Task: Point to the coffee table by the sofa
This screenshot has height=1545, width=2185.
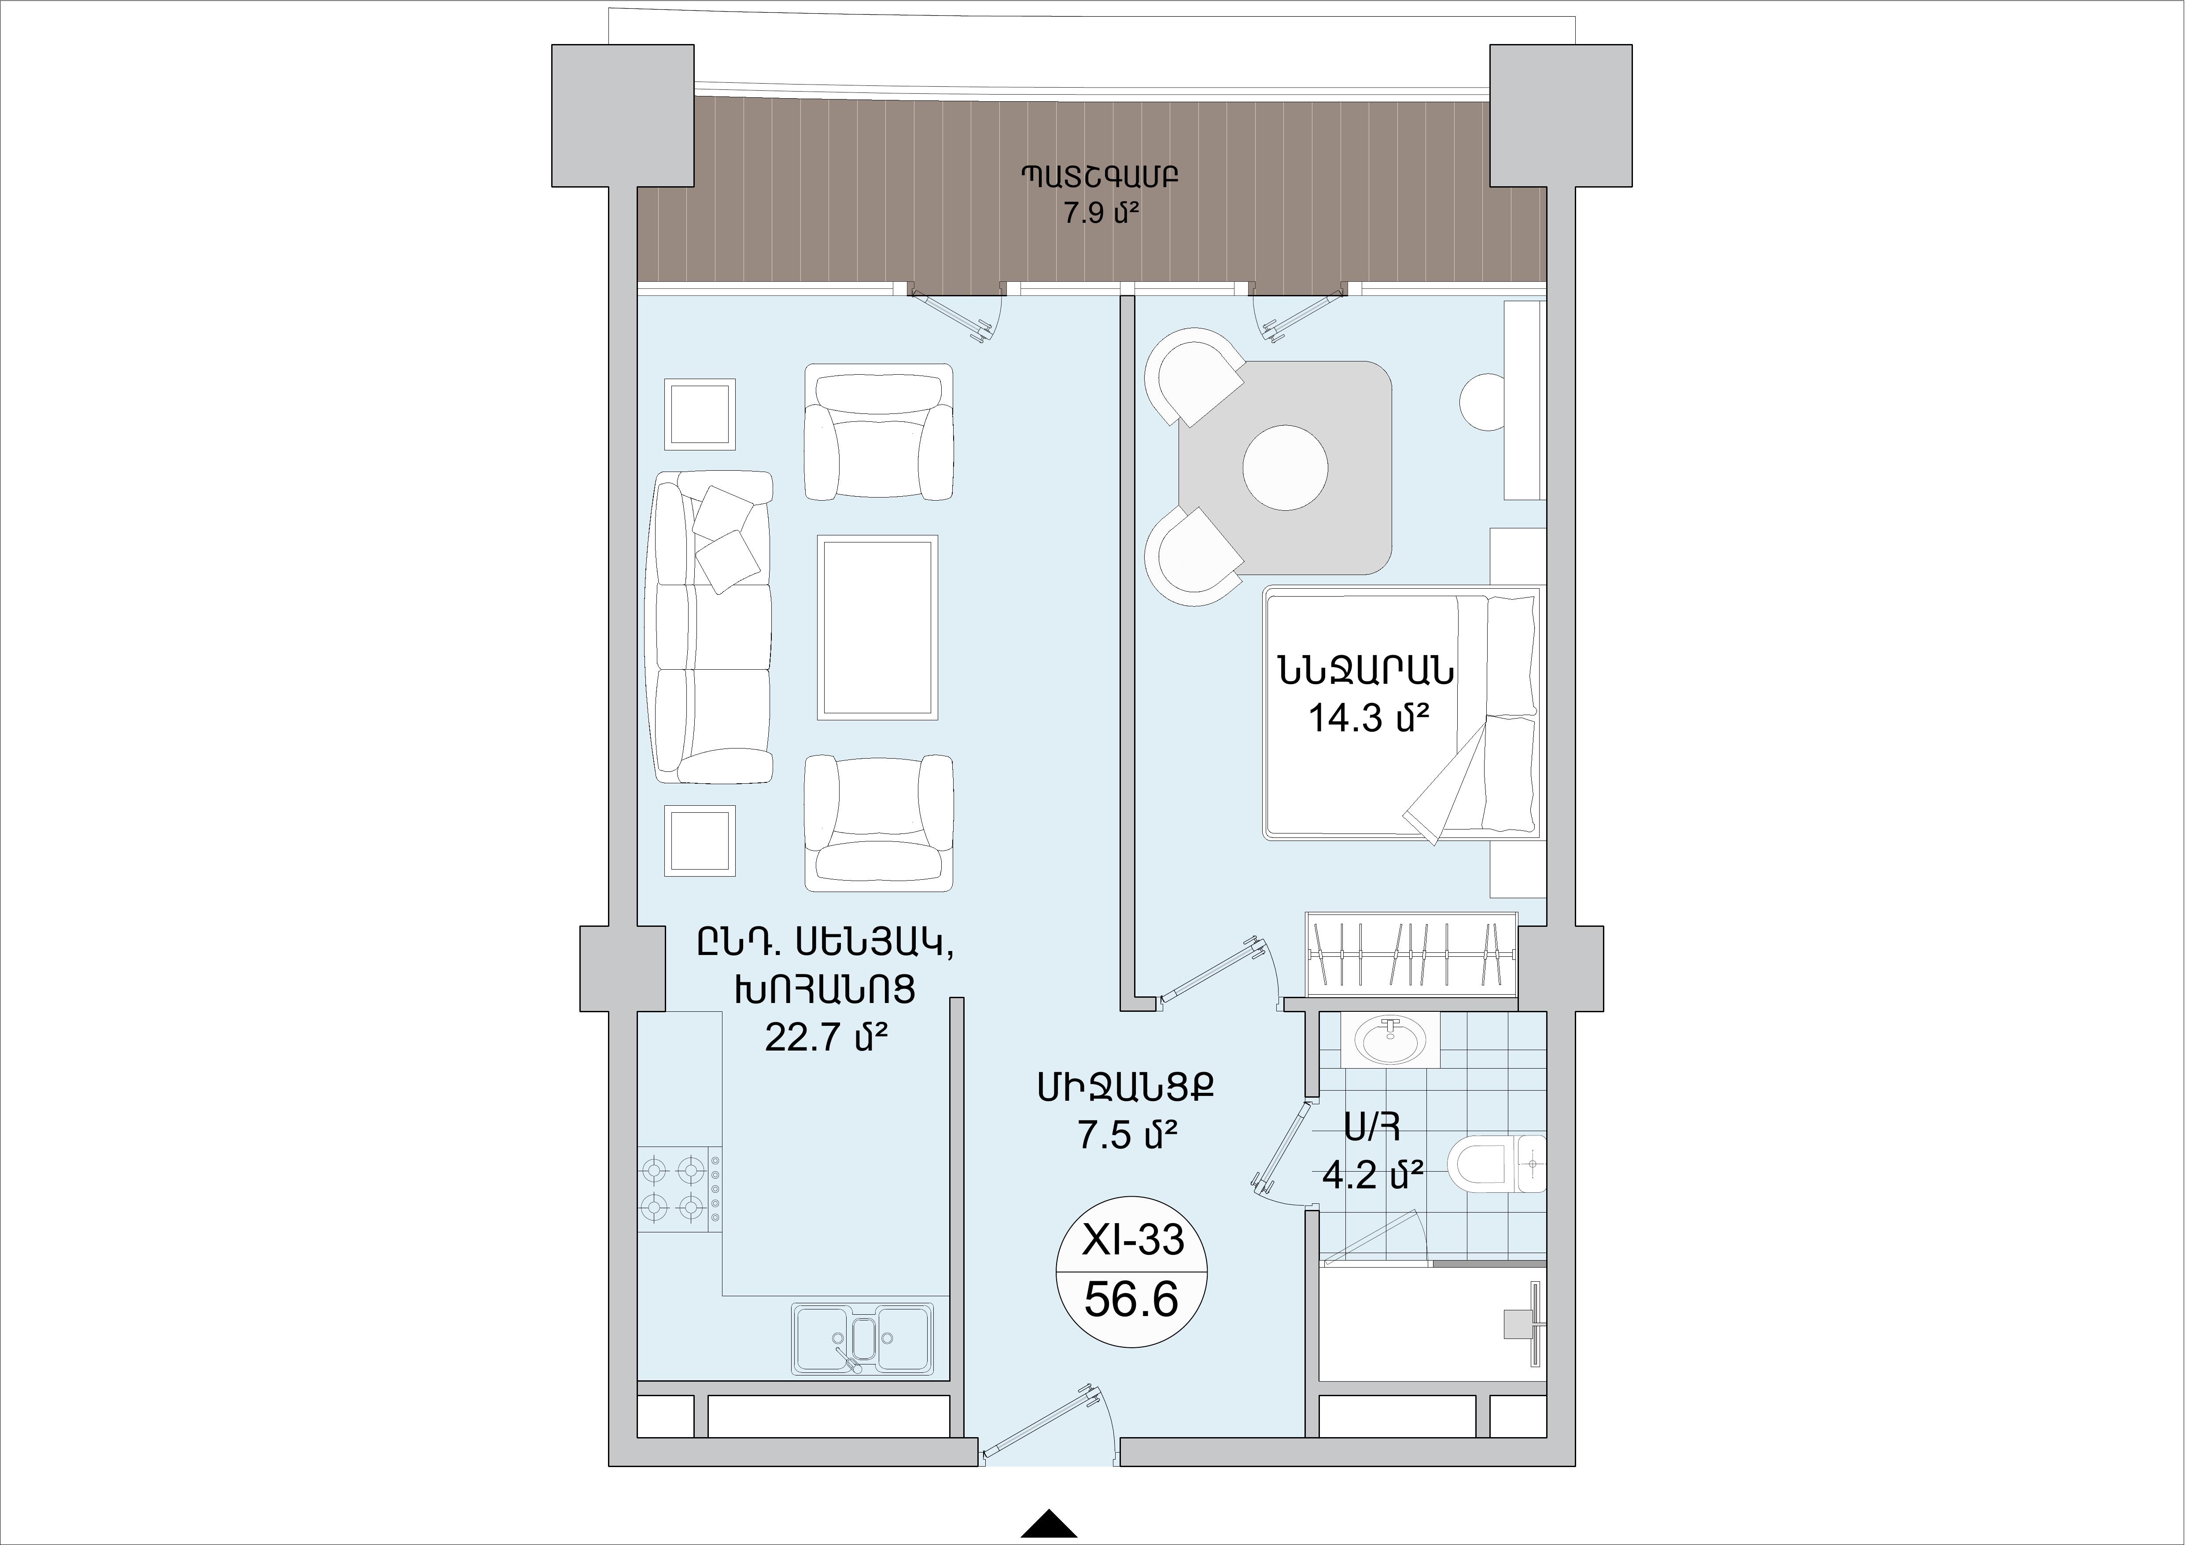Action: point(877,627)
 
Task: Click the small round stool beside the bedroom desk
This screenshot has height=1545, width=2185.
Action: point(1483,403)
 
